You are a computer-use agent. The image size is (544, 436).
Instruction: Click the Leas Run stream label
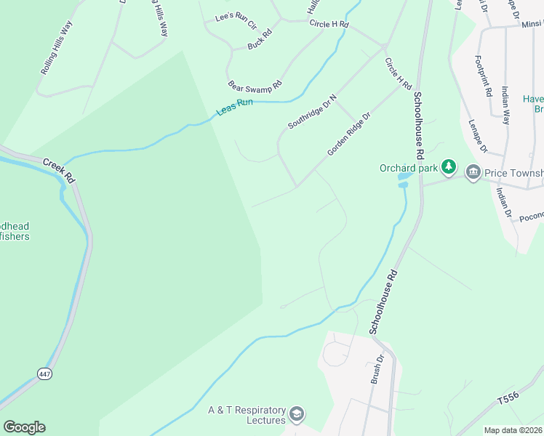click(234, 108)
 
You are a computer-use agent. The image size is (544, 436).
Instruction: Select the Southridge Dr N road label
click(313, 112)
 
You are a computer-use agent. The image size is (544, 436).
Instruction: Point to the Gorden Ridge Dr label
click(349, 134)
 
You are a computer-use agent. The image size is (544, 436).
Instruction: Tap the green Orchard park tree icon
click(449, 168)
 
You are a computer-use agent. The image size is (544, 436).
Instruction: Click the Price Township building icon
click(473, 172)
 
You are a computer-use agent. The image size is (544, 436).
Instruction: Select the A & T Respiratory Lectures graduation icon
click(296, 414)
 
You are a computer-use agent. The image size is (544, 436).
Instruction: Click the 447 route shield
click(46, 374)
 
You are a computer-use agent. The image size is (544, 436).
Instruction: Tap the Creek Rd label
click(59, 171)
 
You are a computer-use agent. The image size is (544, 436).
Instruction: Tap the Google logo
click(24, 427)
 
